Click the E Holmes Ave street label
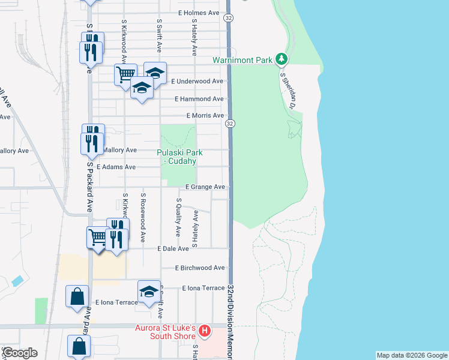pos(199,13)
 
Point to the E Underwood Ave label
pos(197,81)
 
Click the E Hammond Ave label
pos(199,99)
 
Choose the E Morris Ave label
pos(205,116)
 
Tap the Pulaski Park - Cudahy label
pos(179,157)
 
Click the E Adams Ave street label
pos(116,167)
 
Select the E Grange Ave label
pos(205,187)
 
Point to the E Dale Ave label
pos(173,248)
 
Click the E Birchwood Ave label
pos(200,268)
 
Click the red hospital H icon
pos(205,331)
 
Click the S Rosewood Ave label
pos(143,217)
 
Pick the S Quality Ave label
pos(178,217)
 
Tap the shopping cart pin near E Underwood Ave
pos(125,75)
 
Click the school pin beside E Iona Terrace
pos(149,292)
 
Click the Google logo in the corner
pos(20,353)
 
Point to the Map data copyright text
pos(411,355)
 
